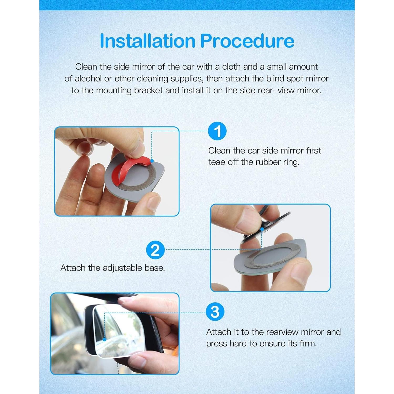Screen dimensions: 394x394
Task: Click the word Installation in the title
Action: click(147, 41)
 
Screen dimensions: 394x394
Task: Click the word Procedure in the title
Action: click(247, 41)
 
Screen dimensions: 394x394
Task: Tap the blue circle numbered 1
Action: click(217, 131)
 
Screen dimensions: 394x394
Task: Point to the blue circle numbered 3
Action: click(215, 312)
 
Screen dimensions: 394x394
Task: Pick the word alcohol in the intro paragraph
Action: click(89, 79)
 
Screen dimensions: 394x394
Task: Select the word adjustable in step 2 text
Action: click(122, 268)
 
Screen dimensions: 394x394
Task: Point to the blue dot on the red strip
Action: click(152, 161)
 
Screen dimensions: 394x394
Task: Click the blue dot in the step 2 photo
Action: click(262, 229)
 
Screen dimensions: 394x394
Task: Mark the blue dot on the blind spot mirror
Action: click(105, 339)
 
